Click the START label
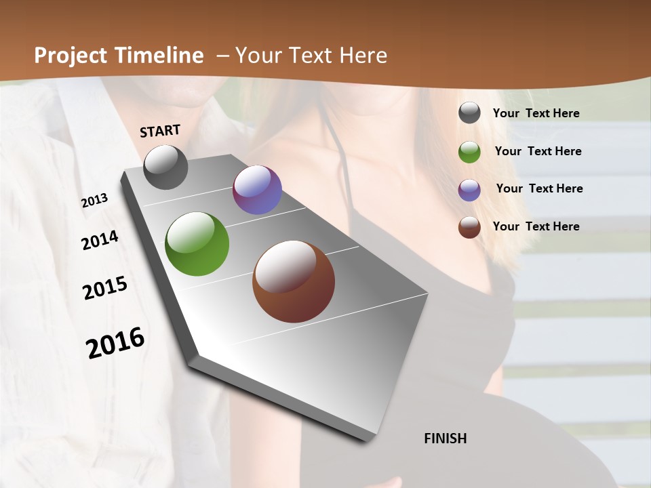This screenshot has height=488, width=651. pyautogui.click(x=160, y=131)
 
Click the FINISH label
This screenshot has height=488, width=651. pyautogui.click(x=446, y=439)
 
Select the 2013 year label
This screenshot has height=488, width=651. pyautogui.click(x=94, y=201)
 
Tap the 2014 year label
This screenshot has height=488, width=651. pyautogui.click(x=100, y=240)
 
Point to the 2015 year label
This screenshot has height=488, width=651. pyautogui.click(x=105, y=288)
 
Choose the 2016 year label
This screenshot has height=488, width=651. pyautogui.click(x=115, y=343)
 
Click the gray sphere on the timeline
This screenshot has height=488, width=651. pyautogui.click(x=165, y=167)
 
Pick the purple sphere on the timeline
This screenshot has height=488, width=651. pyautogui.click(x=257, y=190)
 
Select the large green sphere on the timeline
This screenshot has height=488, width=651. pyautogui.click(x=197, y=244)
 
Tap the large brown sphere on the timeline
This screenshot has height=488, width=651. pyautogui.click(x=294, y=281)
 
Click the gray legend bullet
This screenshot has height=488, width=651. pyautogui.click(x=469, y=113)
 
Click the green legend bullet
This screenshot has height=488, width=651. pyautogui.click(x=469, y=152)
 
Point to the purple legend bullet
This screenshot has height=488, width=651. pyautogui.click(x=469, y=190)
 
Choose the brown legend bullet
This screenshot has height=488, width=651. pyautogui.click(x=469, y=227)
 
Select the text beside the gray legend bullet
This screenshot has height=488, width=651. pyautogui.click(x=536, y=113)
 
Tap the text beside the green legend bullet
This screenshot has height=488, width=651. pyautogui.click(x=538, y=151)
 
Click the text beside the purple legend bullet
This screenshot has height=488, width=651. pyautogui.click(x=539, y=188)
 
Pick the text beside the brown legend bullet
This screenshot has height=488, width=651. pyautogui.click(x=536, y=226)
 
